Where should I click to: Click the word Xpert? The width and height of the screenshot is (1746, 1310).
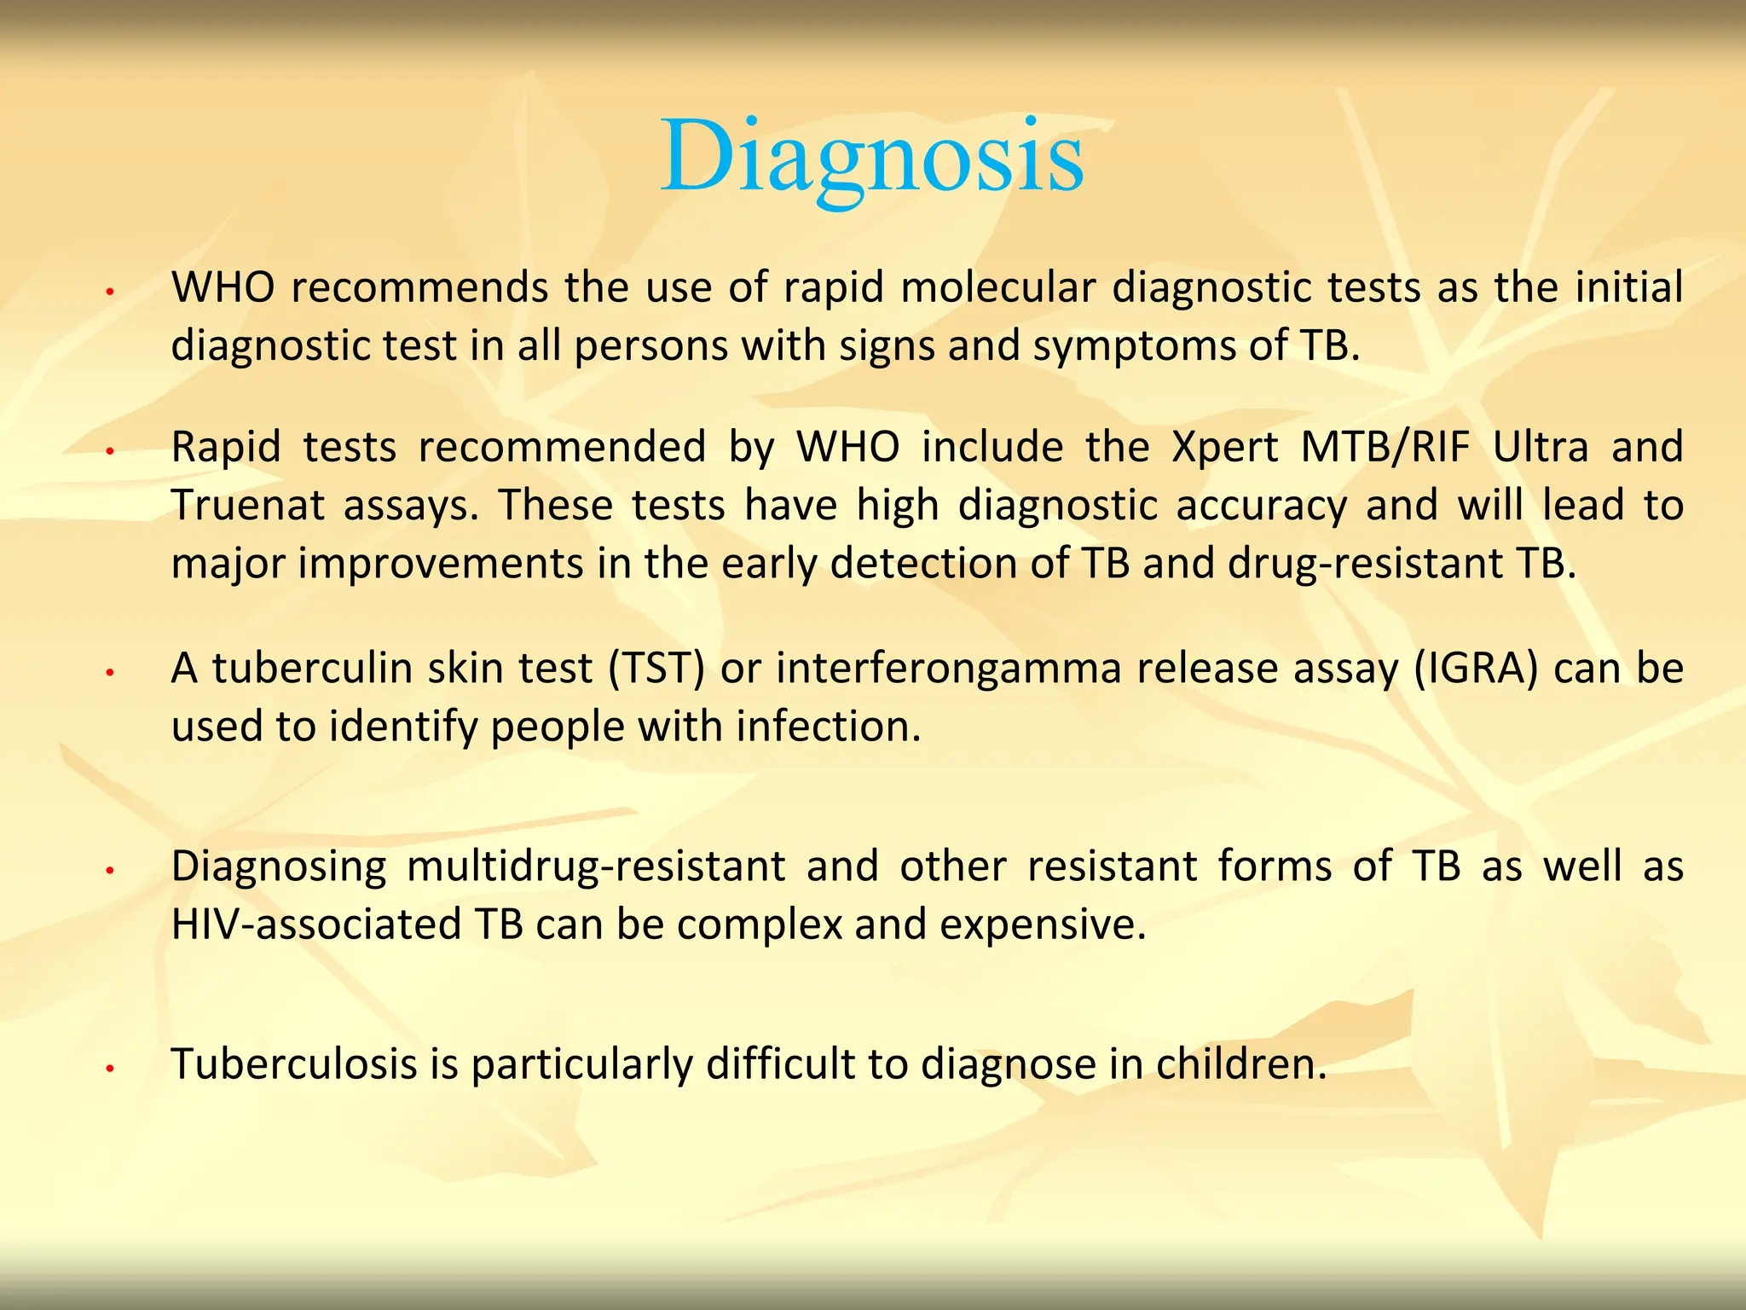(1224, 448)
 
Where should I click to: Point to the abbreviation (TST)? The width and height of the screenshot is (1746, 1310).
(656, 669)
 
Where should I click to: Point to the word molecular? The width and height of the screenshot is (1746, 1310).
(997, 288)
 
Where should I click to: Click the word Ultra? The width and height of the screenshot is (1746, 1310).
(1541, 448)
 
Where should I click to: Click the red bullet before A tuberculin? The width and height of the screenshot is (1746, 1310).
(109, 674)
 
